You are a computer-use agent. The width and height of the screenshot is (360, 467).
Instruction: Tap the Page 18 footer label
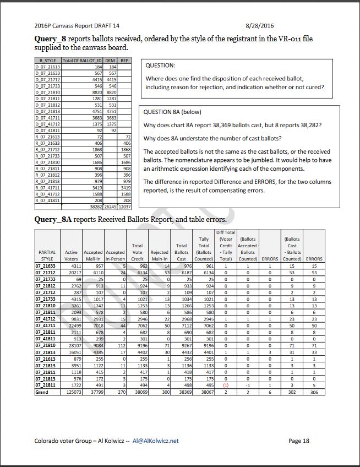(299, 441)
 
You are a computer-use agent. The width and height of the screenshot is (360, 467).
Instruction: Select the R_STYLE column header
(47, 61)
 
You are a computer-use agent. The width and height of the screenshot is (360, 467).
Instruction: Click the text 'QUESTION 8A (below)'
(172, 112)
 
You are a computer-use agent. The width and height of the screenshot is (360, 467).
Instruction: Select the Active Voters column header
(71, 255)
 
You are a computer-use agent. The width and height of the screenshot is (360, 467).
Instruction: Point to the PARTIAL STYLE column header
(47, 255)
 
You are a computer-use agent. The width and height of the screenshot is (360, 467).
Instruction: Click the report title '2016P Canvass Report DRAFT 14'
(77, 25)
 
